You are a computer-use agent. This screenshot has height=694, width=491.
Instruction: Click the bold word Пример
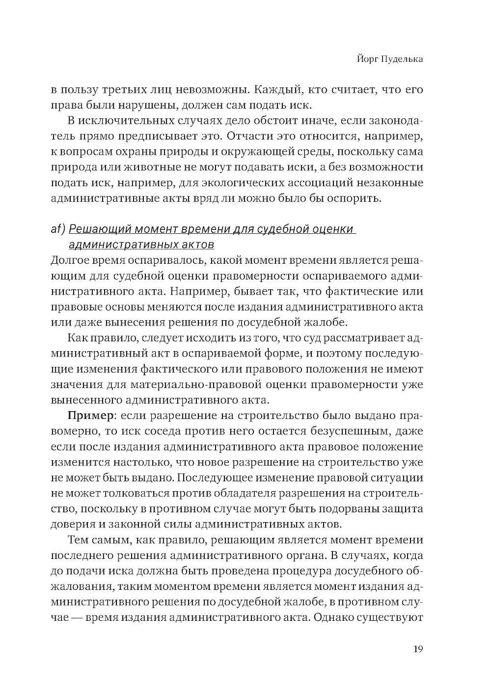click(90, 416)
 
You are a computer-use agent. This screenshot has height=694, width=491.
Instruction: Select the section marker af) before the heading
click(58, 229)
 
